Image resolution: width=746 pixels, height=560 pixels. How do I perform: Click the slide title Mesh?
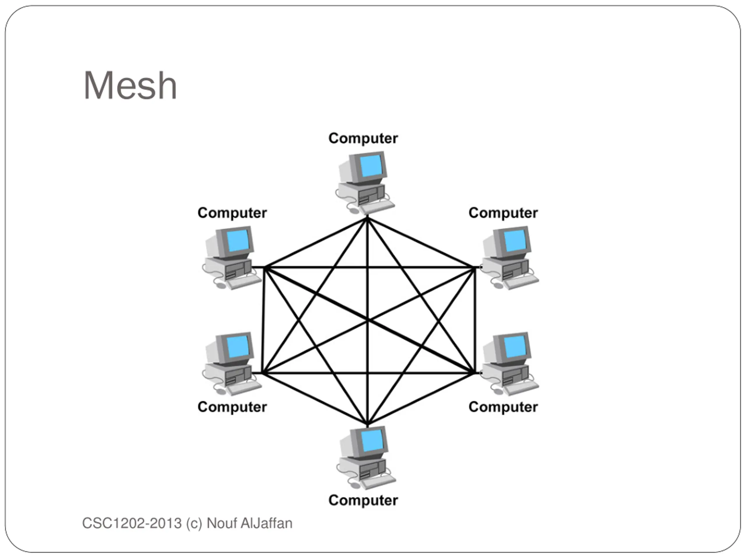[x=130, y=86]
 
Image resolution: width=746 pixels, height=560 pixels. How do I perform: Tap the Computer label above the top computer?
[x=363, y=139]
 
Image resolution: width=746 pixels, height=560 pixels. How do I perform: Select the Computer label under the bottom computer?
[x=363, y=500]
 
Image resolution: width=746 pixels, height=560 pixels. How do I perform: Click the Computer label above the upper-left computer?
[x=232, y=213]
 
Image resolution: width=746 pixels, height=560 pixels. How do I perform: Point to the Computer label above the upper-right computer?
[x=503, y=213]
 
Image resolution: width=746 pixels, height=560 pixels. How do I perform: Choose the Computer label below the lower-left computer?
[x=232, y=407]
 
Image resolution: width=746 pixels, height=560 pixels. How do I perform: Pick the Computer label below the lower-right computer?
[x=503, y=407]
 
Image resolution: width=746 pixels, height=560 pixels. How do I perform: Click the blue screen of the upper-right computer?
[x=516, y=240]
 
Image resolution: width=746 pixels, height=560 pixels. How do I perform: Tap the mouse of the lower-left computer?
[x=221, y=391]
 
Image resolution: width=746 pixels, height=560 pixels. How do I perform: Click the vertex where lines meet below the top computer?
[x=367, y=218]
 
